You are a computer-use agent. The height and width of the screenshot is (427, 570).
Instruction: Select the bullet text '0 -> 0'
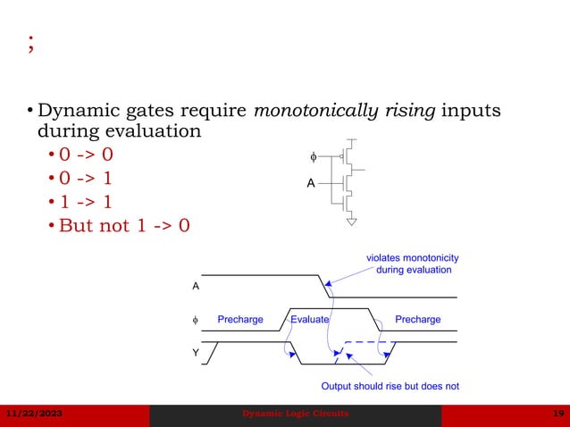click(x=86, y=155)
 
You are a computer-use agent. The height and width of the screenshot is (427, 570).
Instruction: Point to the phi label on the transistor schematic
click(x=313, y=157)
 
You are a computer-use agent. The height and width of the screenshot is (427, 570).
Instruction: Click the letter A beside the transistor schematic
click(x=311, y=182)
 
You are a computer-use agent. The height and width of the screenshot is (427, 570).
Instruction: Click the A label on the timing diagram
click(x=196, y=287)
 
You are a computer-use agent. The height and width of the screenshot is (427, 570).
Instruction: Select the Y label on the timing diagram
click(x=196, y=354)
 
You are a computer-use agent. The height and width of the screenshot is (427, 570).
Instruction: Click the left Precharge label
click(x=240, y=319)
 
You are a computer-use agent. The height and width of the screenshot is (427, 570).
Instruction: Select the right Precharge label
click(x=417, y=319)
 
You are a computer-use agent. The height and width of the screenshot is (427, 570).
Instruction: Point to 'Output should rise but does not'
click(x=390, y=387)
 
